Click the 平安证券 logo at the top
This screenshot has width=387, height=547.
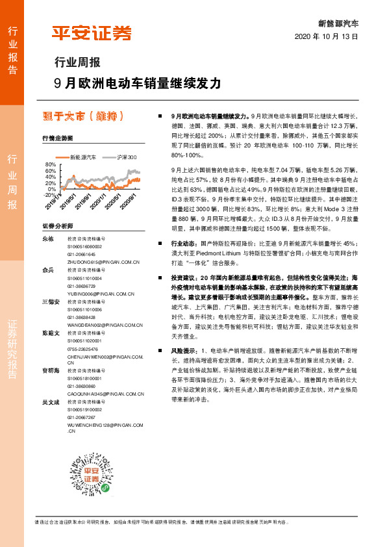(x=91, y=32)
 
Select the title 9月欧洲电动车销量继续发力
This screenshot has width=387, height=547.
(x=138, y=83)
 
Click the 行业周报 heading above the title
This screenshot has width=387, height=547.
(x=77, y=63)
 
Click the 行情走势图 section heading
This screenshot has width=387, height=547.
(x=58, y=138)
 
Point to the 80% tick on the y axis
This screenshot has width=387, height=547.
(x=49, y=165)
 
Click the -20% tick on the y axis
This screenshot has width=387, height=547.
(x=49, y=194)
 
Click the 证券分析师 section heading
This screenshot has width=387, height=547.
(x=58, y=225)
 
